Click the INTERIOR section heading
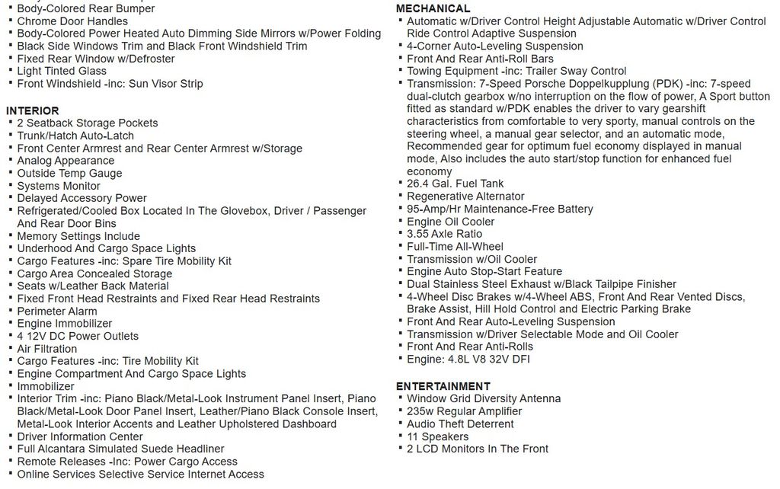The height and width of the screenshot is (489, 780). click(33, 110)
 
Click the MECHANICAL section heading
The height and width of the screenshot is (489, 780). click(433, 8)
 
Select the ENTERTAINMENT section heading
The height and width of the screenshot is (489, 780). click(443, 386)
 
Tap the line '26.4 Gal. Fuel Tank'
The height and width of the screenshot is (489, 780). click(455, 184)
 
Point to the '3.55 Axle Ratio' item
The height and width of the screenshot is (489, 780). click(444, 234)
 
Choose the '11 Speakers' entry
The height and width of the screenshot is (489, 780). click(437, 436)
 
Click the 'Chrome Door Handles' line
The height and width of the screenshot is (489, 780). click(72, 21)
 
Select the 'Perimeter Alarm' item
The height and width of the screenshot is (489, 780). click(57, 312)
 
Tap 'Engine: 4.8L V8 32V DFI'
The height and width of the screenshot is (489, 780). click(468, 359)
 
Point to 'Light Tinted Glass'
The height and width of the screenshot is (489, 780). click(62, 71)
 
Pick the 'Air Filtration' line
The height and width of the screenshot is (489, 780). click(47, 349)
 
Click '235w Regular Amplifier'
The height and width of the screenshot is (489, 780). click(464, 411)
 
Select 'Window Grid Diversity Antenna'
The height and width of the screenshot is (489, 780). click(484, 398)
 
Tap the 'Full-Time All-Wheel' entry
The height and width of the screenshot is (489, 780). click(455, 246)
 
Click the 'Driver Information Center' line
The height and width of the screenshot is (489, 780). click(80, 436)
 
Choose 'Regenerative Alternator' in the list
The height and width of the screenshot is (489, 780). click(465, 197)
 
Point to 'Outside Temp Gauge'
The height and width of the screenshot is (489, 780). click(69, 173)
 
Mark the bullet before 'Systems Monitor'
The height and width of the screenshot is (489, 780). click(9, 185)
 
